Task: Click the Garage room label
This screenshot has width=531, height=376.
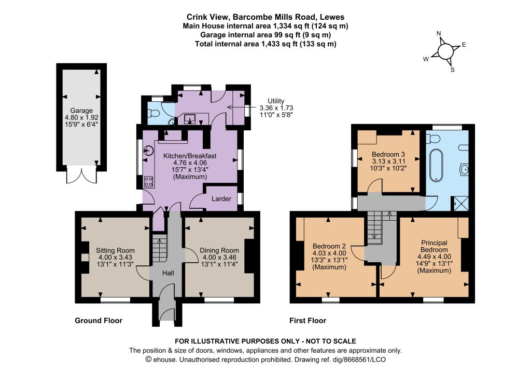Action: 81,111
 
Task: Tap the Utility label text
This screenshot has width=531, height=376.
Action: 276,101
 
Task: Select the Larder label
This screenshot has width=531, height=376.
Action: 221,199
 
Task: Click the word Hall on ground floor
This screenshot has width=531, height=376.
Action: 169,273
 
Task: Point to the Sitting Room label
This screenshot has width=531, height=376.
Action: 115,250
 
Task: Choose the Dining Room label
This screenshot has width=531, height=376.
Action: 219,250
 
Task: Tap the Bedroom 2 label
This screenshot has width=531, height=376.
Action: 329,246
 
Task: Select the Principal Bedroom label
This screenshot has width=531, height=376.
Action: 434,246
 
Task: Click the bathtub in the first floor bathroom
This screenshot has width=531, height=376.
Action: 437,165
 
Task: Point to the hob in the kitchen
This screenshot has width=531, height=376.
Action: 149,182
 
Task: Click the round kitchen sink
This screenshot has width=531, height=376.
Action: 148,151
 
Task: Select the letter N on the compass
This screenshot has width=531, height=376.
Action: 439,33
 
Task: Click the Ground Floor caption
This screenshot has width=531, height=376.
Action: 99,321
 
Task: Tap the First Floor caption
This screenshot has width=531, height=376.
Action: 308,321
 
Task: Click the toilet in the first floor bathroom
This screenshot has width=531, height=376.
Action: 432,138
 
